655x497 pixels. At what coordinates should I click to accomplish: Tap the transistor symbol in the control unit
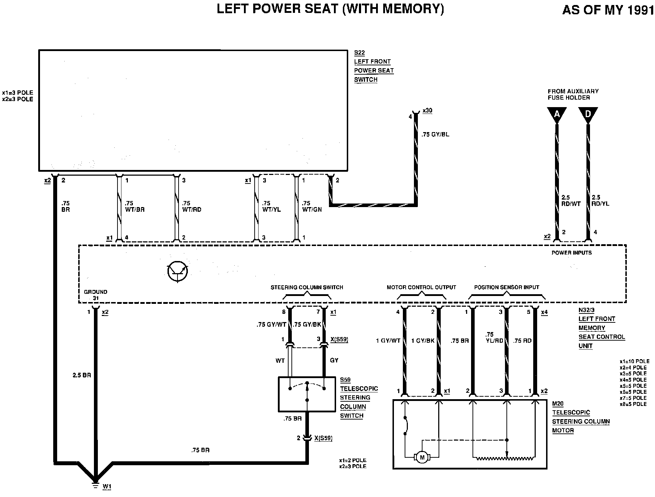point(177,271)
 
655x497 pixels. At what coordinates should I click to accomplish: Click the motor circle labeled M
point(422,457)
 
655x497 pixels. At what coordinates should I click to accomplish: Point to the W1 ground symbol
point(95,485)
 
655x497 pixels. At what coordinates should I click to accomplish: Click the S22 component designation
point(359,53)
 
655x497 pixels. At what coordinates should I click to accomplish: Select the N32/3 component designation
point(586,310)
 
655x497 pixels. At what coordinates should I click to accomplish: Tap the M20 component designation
point(557,404)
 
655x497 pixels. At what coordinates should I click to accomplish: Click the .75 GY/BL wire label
point(435,135)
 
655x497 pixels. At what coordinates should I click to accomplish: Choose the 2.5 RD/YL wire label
point(600,201)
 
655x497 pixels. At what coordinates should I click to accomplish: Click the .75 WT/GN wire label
point(311,206)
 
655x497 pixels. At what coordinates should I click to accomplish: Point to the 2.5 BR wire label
point(82,375)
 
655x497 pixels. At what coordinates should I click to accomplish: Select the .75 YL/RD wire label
point(494,337)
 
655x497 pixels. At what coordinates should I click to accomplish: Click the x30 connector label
point(427,111)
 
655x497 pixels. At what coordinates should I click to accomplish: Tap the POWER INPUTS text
point(571,253)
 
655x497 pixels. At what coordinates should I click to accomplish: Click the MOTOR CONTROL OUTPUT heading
point(421,287)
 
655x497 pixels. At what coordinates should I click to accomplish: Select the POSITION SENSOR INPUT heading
point(506,287)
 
